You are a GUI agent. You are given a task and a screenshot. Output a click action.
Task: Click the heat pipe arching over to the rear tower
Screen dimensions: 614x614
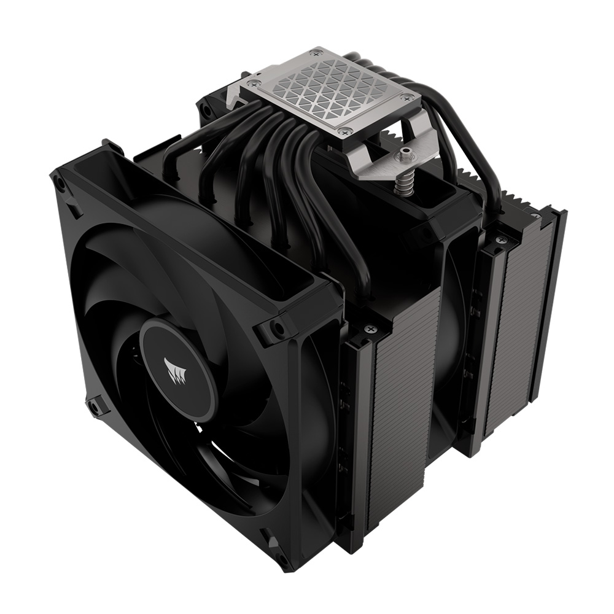tap(467, 153)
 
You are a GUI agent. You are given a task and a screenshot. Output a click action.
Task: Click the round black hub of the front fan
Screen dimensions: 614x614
tap(178, 368)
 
